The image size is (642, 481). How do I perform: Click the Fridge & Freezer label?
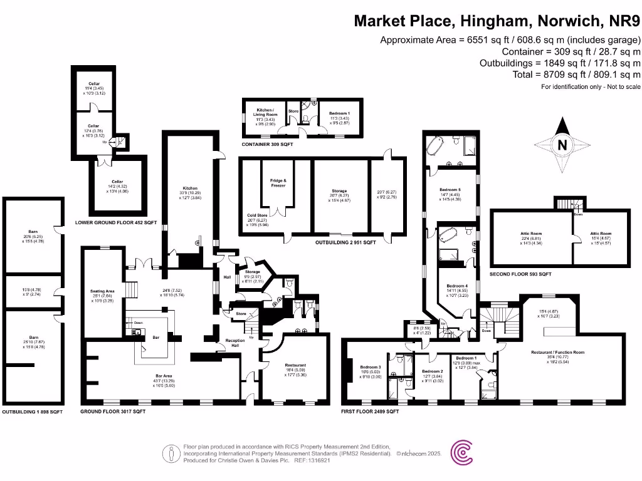(x=277, y=182)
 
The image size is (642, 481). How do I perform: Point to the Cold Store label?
(x=258, y=215)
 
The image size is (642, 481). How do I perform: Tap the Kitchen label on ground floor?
(x=190, y=188)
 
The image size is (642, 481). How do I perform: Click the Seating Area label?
(x=102, y=291)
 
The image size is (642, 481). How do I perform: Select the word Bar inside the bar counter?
(x=157, y=337)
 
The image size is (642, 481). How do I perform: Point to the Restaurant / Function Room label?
(x=557, y=353)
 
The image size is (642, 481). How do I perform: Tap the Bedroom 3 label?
(x=371, y=368)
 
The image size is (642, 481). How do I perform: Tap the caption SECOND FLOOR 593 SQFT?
(x=520, y=274)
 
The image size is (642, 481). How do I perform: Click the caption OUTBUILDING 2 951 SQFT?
(x=337, y=242)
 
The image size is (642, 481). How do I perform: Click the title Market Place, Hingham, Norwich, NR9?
(x=497, y=21)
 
